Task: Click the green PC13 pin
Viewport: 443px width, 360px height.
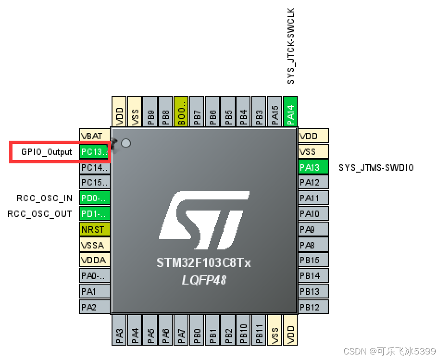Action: point(95,152)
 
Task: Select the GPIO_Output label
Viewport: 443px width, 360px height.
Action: point(47,152)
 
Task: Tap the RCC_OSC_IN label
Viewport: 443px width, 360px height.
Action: point(44,199)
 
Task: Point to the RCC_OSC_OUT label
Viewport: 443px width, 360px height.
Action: point(40,214)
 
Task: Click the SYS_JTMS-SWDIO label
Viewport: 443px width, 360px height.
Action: point(376,168)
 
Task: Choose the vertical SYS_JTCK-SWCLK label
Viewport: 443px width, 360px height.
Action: point(291,46)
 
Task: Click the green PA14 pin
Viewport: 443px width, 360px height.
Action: point(290,111)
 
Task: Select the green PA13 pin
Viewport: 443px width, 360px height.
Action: point(313,167)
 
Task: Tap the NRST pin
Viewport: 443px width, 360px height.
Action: point(95,230)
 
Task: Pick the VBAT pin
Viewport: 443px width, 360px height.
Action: point(95,136)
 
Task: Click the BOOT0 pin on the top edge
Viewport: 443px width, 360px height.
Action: point(181,111)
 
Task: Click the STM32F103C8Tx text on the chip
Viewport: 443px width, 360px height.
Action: point(204,263)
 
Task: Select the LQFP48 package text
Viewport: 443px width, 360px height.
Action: point(204,280)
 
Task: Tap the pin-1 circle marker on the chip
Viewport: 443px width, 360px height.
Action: point(125,143)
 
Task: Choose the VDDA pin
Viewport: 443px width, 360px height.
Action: point(95,261)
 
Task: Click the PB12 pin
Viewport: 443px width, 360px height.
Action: point(313,307)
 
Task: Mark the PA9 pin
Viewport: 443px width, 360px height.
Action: point(313,230)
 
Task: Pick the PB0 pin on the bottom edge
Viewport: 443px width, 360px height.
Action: point(197,330)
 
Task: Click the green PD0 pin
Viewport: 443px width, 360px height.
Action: point(95,199)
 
